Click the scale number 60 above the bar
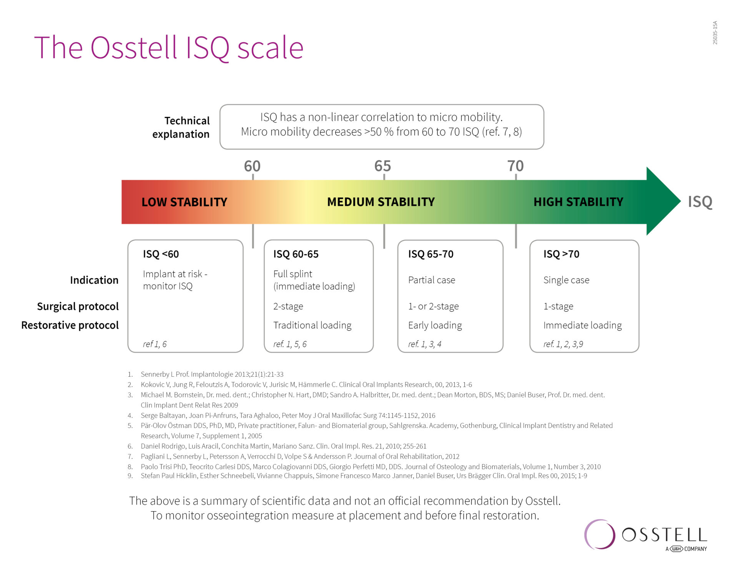252,166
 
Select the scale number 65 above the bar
382,166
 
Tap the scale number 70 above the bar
515,166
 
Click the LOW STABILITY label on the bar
184,202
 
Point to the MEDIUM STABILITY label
381,202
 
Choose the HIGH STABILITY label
578,202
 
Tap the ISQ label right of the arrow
700,202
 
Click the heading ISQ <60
161,254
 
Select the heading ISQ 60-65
296,254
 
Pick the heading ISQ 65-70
430,254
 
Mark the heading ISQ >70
561,254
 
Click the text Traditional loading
312,326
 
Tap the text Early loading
435,326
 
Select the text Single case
566,280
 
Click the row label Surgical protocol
78,306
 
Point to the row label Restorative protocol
70,325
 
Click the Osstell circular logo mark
600,534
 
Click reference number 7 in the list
130,457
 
